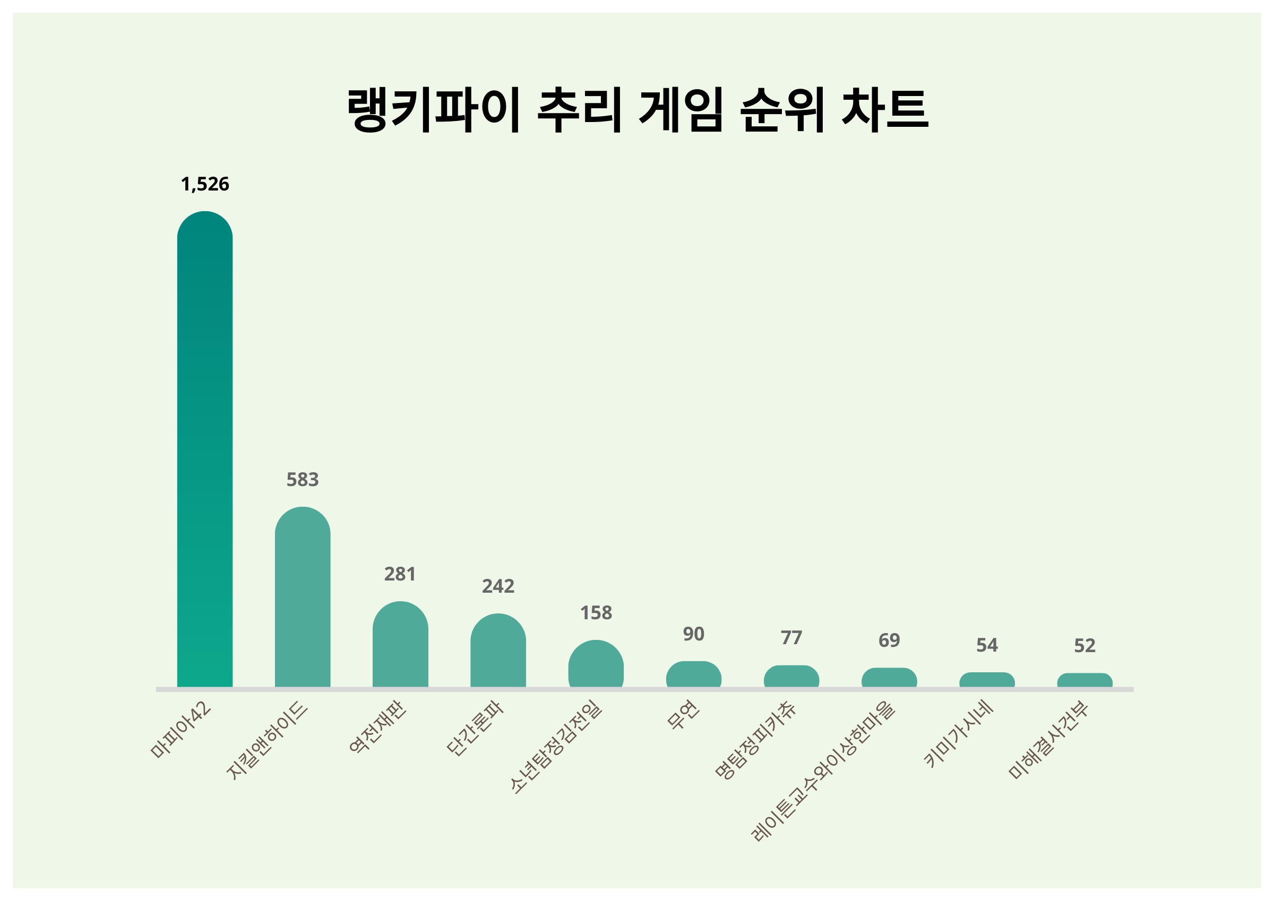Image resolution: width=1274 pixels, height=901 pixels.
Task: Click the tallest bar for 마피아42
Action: tap(205, 449)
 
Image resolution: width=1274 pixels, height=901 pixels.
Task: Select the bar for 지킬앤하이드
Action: tap(303, 597)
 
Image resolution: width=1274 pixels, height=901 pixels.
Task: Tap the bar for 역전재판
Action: tap(400, 644)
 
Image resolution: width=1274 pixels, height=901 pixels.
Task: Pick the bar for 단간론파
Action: tap(498, 650)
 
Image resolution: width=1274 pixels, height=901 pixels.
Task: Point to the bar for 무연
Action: tap(694, 674)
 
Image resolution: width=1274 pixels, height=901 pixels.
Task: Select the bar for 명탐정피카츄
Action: tap(791, 677)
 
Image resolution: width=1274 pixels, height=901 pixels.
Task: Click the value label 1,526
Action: tap(205, 184)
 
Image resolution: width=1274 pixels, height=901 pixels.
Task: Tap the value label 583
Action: tap(303, 479)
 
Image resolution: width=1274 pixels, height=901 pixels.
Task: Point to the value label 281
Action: tap(400, 574)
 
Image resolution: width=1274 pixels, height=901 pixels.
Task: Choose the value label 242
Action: tap(498, 586)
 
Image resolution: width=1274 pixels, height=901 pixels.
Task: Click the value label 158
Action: tap(596, 613)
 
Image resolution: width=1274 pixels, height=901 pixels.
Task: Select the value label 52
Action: tap(1085, 646)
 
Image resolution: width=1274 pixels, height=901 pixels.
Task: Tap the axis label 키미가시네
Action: tap(958, 735)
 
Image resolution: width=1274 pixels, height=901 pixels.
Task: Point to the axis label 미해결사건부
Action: tap(1048, 741)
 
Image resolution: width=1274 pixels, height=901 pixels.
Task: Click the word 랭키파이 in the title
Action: tap(433, 109)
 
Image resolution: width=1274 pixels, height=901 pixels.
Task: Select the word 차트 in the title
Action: tap(884, 109)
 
